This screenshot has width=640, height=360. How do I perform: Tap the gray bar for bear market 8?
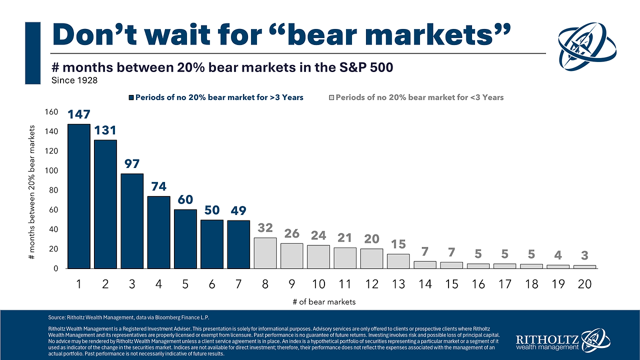(264, 253)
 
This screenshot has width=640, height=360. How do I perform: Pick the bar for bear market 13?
(398, 261)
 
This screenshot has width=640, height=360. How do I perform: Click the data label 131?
(105, 130)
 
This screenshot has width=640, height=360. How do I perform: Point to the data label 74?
(158, 186)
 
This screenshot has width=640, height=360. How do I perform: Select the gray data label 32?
(264, 228)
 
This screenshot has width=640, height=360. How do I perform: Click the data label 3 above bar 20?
(584, 255)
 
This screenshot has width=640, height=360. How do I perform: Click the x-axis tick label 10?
(318, 284)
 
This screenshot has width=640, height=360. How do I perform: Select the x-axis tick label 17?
(504, 284)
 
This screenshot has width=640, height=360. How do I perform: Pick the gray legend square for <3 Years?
(330, 97)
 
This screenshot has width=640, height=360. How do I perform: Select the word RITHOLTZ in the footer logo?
(548, 338)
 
